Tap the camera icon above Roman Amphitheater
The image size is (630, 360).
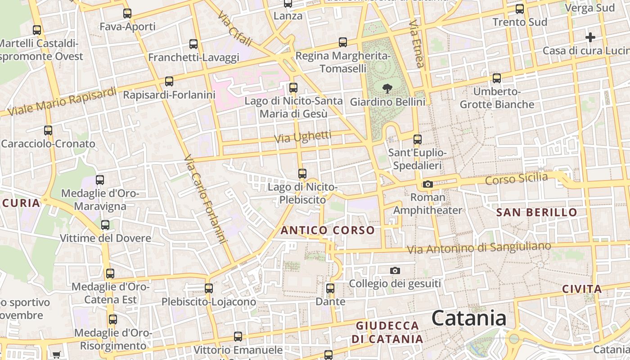point(428,184)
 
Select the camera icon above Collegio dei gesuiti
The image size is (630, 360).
point(395,270)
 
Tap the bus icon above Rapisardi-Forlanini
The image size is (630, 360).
point(169,81)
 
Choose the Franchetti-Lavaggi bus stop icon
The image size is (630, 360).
point(193,44)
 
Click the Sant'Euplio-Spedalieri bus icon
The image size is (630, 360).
point(418,139)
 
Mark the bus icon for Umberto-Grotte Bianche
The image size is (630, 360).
point(497,78)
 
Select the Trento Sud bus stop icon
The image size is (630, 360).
point(520,9)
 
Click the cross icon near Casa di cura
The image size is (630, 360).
point(590,37)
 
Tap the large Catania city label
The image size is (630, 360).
point(469,319)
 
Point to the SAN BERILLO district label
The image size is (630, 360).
point(536,212)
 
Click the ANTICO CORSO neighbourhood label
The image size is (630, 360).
point(328,230)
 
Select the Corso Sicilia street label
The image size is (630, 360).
point(516,179)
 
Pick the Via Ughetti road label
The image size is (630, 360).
point(303,137)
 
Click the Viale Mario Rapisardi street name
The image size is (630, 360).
point(62,101)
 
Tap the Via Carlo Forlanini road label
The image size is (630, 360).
point(204,199)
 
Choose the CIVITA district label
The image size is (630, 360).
point(582,289)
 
